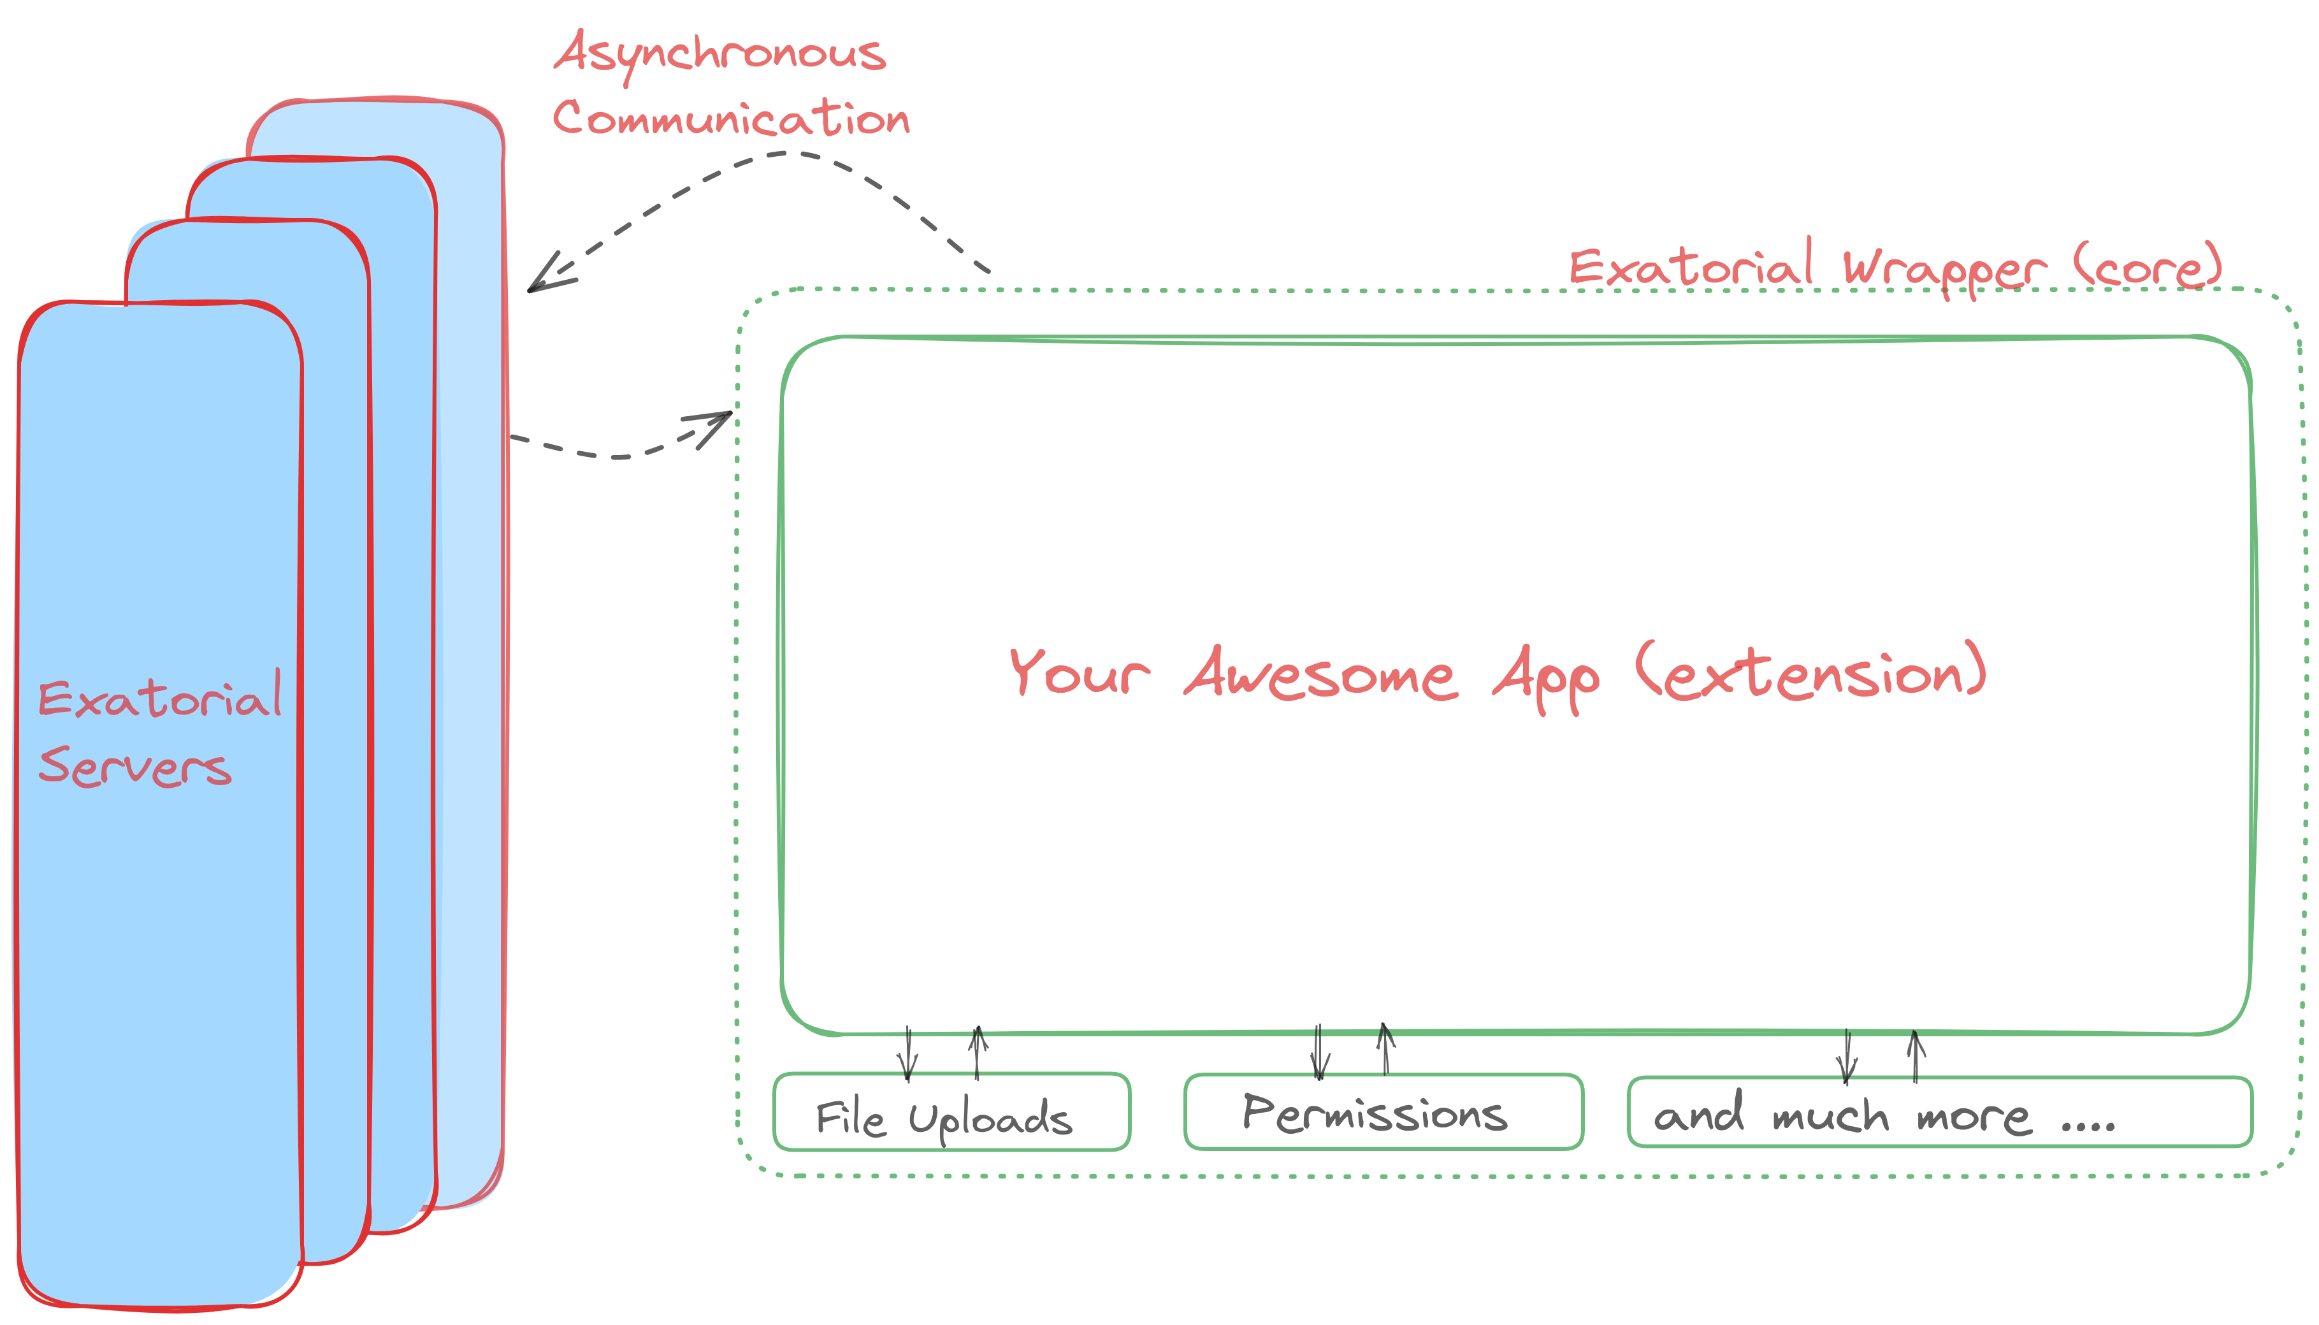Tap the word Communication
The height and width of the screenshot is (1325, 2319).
(730, 119)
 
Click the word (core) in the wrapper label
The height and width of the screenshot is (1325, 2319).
(2147, 266)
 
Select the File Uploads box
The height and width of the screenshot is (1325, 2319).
(951, 1112)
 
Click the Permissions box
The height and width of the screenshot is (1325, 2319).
(1383, 1112)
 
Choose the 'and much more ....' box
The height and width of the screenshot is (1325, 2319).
(1939, 1112)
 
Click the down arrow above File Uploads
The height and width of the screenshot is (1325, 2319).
(907, 1055)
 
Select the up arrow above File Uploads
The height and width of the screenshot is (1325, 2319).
(978, 1051)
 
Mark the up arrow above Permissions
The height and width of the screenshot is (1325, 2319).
(1385, 1048)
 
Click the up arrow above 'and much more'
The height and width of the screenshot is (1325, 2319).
(1916, 1055)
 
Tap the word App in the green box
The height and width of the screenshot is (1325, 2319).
(1546, 678)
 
